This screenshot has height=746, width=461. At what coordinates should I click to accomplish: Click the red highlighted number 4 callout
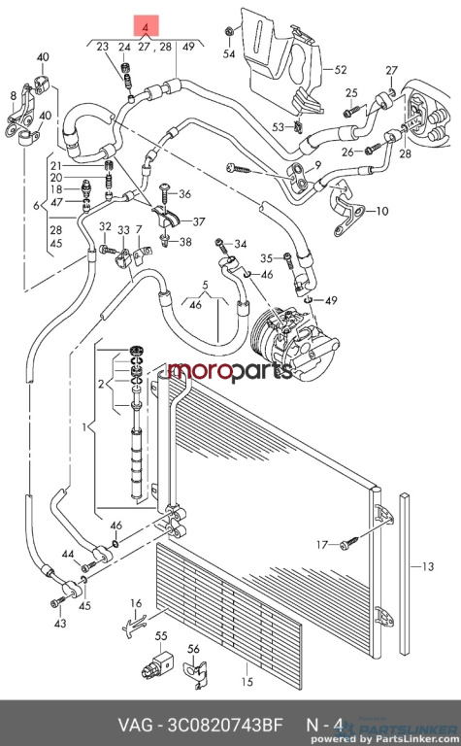[146, 26]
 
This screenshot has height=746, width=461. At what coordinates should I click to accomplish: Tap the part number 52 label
[341, 70]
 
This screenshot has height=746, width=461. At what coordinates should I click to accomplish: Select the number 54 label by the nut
[229, 54]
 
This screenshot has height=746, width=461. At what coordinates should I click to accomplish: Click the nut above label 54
[229, 32]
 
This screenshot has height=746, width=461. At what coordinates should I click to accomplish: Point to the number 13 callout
[428, 566]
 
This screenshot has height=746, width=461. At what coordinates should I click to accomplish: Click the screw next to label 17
[348, 544]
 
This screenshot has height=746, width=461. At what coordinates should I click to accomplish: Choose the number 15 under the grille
[247, 682]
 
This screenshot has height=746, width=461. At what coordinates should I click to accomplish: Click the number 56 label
[193, 649]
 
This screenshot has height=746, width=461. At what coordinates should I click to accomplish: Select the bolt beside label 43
[56, 602]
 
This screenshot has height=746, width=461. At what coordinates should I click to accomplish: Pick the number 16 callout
[136, 603]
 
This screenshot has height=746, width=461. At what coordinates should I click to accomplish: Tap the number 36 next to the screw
[184, 194]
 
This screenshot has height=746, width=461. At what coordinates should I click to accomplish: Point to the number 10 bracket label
[382, 211]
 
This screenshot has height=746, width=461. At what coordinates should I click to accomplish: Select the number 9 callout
[317, 165]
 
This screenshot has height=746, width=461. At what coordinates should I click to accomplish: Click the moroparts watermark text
[230, 371]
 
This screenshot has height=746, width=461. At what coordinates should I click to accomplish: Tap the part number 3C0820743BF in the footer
[223, 725]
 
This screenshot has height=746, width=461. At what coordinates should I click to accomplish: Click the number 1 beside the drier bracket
[83, 427]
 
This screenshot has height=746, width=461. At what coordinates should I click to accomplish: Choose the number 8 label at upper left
[14, 96]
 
